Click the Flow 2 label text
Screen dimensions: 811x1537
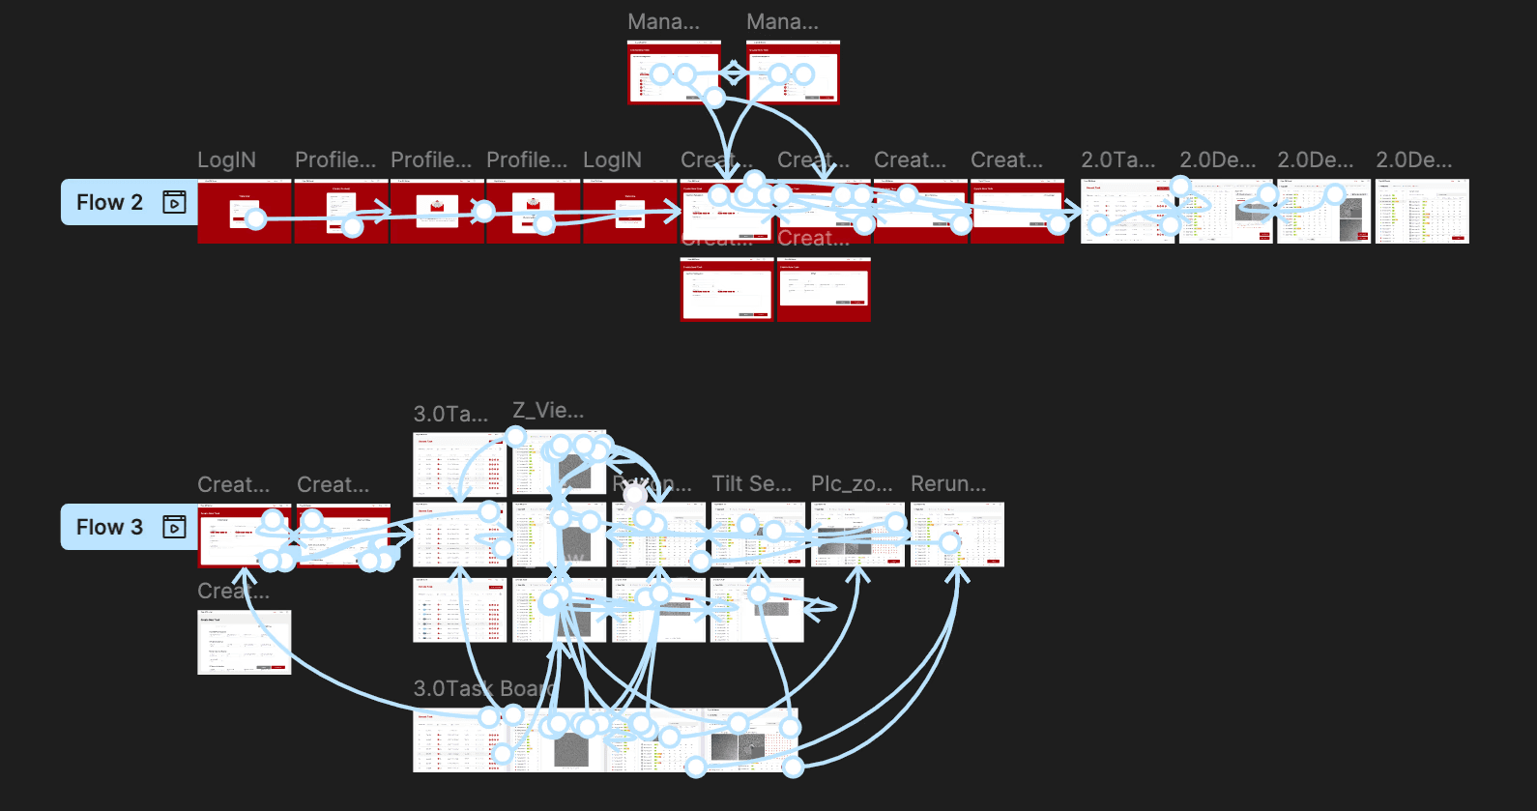click(x=109, y=202)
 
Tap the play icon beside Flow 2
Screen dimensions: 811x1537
click(x=174, y=202)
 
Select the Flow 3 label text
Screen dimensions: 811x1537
click(x=109, y=527)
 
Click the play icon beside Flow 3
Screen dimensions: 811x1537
click(x=174, y=527)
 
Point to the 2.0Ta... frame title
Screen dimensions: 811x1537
click(x=1117, y=160)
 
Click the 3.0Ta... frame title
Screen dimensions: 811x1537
click(x=450, y=415)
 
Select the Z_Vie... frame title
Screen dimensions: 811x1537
click(x=548, y=410)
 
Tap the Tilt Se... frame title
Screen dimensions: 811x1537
click(x=751, y=483)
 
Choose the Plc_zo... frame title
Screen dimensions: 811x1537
click(x=852, y=483)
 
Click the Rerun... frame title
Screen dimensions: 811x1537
click(x=948, y=483)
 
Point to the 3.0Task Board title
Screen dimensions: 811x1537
click(x=483, y=688)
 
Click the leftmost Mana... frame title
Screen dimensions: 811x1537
click(x=663, y=21)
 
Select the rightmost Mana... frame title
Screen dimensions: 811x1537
click(x=782, y=21)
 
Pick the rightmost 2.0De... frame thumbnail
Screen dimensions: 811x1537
click(x=1422, y=211)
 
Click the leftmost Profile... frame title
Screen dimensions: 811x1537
click(x=335, y=160)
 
